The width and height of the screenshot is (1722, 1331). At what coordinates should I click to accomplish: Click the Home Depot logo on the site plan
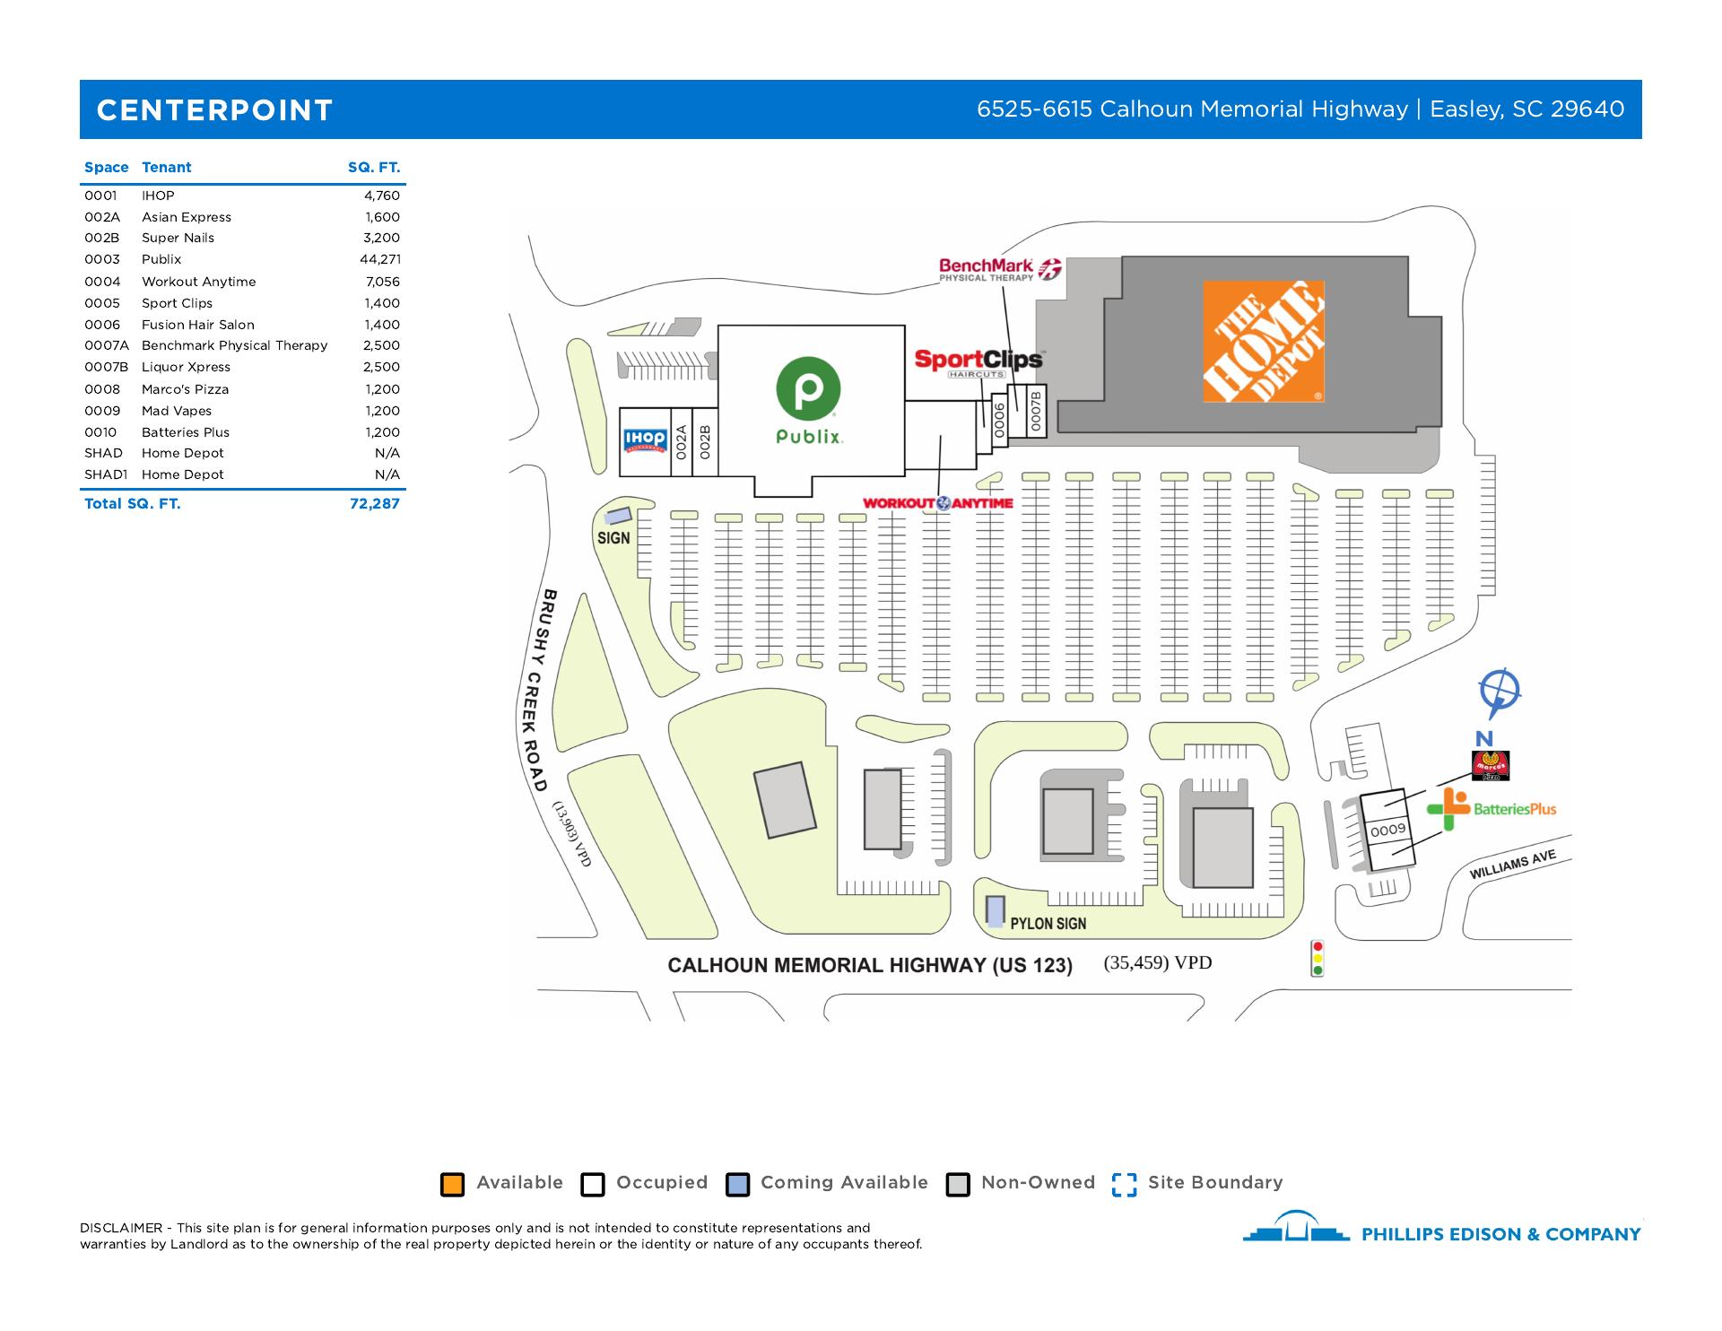tap(1263, 341)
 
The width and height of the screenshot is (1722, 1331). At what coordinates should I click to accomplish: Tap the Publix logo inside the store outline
tap(808, 400)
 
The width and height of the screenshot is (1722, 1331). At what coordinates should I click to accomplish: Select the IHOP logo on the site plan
tap(645, 439)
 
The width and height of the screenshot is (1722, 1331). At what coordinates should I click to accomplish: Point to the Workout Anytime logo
tap(937, 503)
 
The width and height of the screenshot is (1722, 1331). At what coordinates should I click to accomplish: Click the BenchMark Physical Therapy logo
tap(999, 269)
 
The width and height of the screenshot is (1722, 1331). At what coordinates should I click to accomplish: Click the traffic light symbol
tap(1317, 957)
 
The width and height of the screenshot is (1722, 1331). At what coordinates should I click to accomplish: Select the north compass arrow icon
tap(1498, 693)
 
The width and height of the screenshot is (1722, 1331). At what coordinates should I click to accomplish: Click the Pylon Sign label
tap(1048, 923)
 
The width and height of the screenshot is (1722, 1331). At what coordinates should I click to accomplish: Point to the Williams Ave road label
tap(1512, 866)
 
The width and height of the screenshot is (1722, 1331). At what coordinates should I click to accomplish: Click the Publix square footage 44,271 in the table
tap(379, 259)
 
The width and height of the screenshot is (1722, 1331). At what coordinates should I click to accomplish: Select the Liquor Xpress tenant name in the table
tap(186, 367)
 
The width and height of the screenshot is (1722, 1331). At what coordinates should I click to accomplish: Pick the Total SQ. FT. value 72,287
tap(374, 503)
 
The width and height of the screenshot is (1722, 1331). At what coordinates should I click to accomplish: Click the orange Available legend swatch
tap(452, 1184)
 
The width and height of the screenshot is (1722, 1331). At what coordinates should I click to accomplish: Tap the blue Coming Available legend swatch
tap(737, 1184)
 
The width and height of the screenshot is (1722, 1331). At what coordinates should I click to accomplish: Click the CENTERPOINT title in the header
tap(214, 110)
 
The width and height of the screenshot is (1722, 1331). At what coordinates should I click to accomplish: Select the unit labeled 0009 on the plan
tap(1387, 830)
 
